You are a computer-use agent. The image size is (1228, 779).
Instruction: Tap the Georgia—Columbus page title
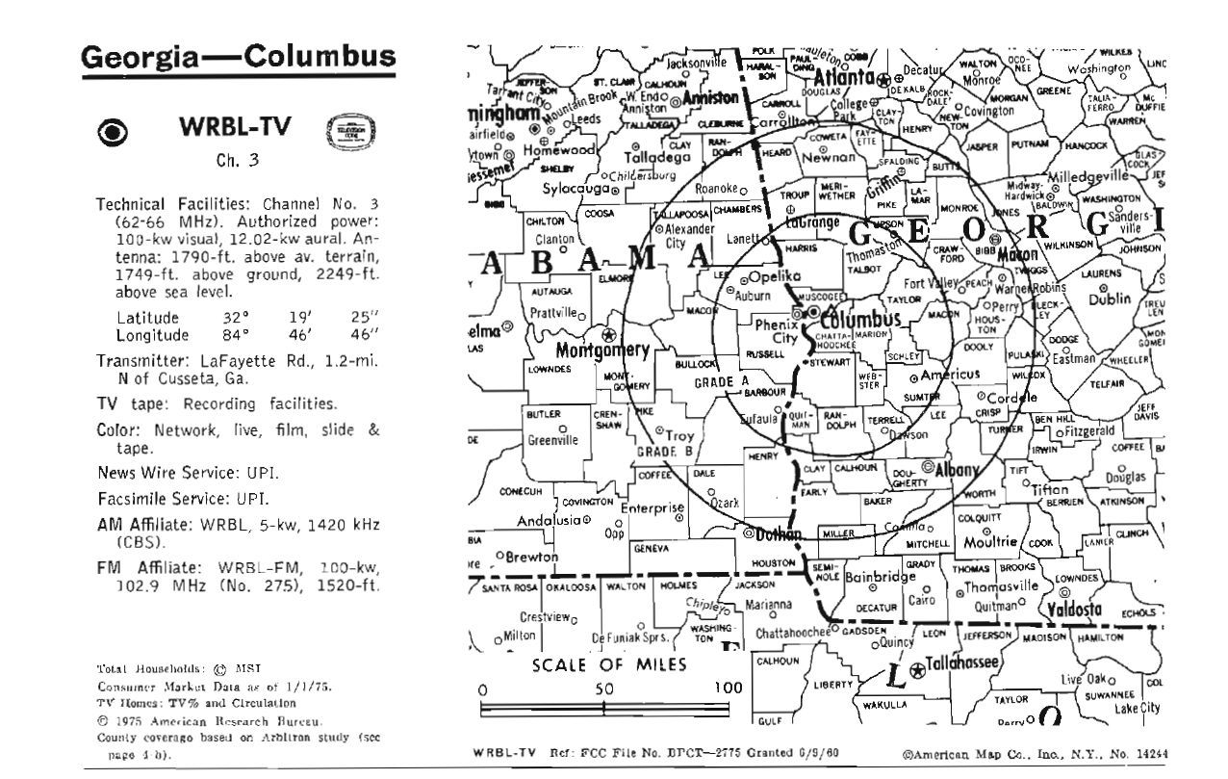pyautogui.click(x=238, y=59)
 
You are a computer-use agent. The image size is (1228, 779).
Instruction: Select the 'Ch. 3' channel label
pyautogui.click(x=237, y=161)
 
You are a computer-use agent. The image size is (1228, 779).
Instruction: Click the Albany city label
pyautogui.click(x=957, y=470)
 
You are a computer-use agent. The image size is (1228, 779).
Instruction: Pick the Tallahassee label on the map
pyautogui.click(x=962, y=663)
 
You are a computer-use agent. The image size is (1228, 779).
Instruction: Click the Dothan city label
pyautogui.click(x=779, y=533)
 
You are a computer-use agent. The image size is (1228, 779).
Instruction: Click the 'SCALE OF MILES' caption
pyautogui.click(x=610, y=665)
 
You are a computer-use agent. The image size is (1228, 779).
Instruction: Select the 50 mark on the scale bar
pyautogui.click(x=602, y=689)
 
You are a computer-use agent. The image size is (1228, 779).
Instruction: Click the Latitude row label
pyautogui.click(x=147, y=318)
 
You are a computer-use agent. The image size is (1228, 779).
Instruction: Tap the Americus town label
pyautogui.click(x=950, y=374)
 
